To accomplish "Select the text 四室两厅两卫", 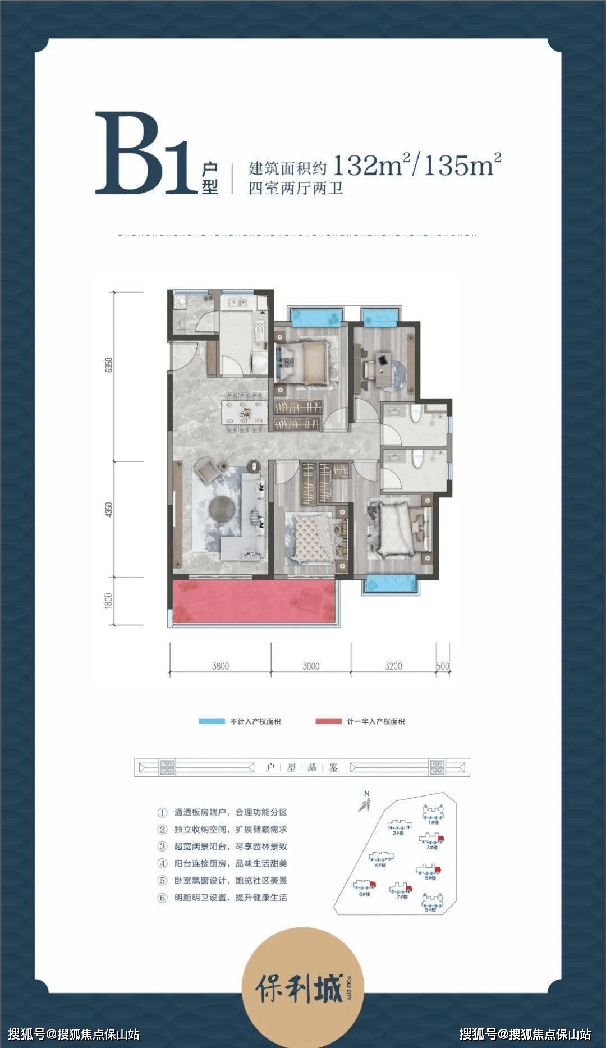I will (295, 188).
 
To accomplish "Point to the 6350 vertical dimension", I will (109, 364).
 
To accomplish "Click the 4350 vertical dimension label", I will (109, 509).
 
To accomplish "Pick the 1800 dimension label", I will (109, 601).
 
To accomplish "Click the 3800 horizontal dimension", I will (220, 666).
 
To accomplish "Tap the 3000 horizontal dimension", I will (311, 666).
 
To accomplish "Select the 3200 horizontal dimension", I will (393, 666).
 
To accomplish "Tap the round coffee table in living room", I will (222, 507).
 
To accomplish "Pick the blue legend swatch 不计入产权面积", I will (212, 721).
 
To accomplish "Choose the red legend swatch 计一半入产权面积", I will (328, 721).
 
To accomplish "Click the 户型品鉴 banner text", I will (302, 767).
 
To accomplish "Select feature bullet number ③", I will (163, 846).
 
